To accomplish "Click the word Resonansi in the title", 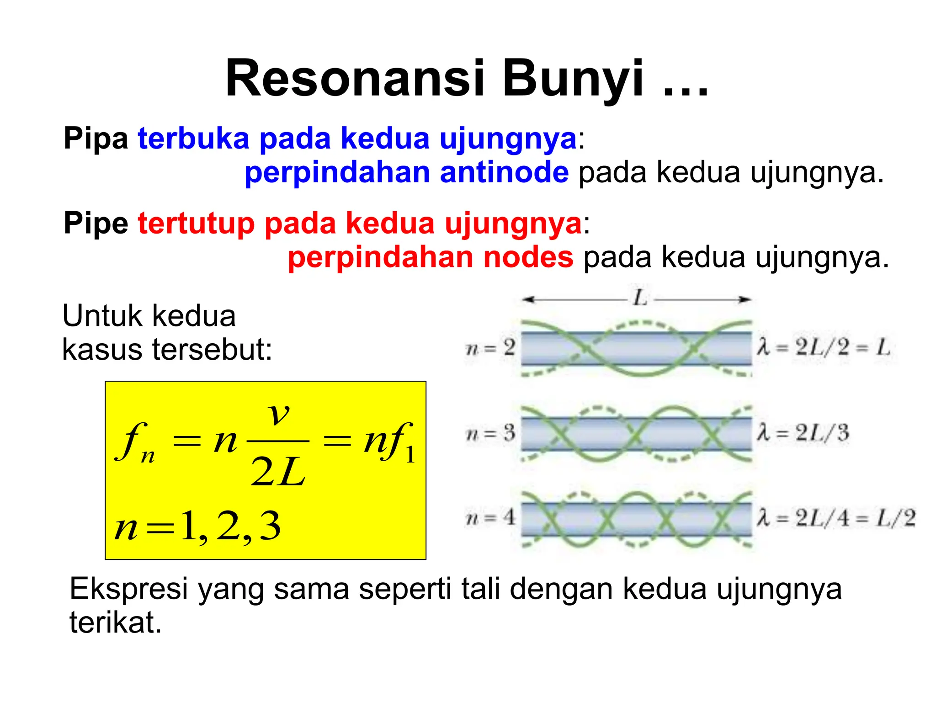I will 355,79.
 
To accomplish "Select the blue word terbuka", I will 193,138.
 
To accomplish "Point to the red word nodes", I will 528,257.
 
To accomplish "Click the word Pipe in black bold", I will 96,224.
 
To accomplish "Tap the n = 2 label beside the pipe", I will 490,349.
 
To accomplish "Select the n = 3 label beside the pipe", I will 490,433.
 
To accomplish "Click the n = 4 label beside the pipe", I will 490,518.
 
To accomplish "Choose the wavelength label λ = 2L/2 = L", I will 823,348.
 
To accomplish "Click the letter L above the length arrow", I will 640,298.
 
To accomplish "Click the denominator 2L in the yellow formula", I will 278,472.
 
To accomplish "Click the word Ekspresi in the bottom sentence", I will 128,589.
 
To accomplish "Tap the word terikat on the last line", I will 116,622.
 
